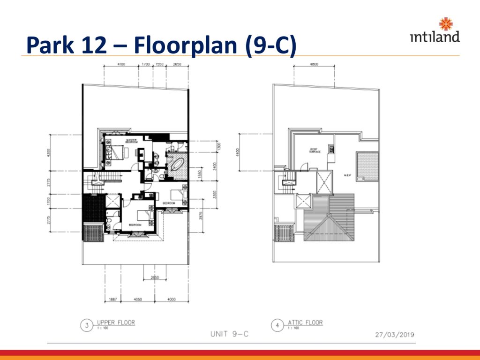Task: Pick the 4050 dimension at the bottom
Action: [138, 300]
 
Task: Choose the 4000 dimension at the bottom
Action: [172, 300]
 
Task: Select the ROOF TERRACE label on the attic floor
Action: [314, 151]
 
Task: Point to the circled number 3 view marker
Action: [86, 325]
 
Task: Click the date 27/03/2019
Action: [395, 335]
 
